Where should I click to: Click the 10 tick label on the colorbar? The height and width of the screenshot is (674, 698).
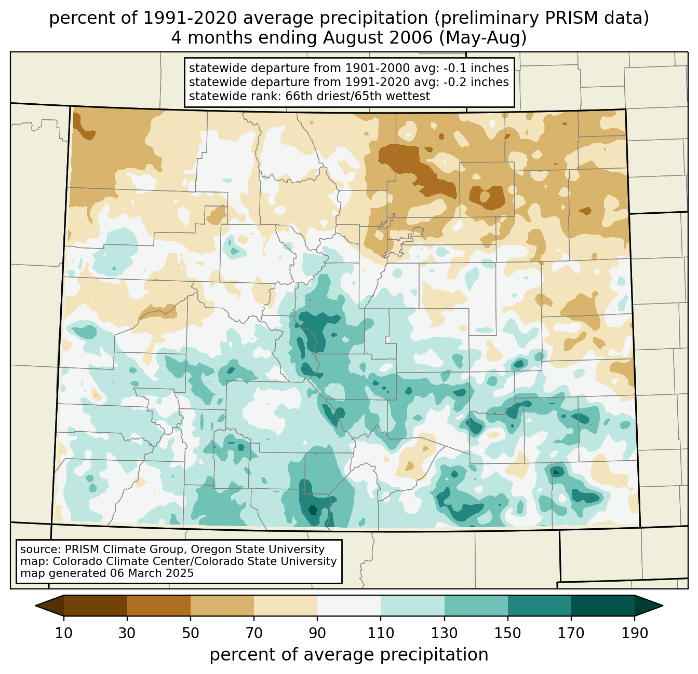pos(64,634)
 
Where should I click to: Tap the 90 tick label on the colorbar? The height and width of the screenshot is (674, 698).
pos(317,634)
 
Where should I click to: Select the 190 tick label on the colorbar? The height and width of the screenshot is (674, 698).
pos(635,634)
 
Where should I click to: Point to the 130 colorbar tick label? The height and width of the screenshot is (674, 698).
pos(445,634)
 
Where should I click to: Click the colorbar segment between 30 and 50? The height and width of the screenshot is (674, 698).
pos(159,606)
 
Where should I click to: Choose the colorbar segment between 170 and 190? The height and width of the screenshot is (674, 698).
pos(603,606)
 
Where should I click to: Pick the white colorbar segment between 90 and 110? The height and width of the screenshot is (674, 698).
pos(349,606)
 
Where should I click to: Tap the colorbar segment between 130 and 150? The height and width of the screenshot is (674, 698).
pos(476,606)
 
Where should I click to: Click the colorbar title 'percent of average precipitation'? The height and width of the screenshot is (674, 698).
pos(349,655)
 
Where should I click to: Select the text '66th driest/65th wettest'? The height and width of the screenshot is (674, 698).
pos(358,96)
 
